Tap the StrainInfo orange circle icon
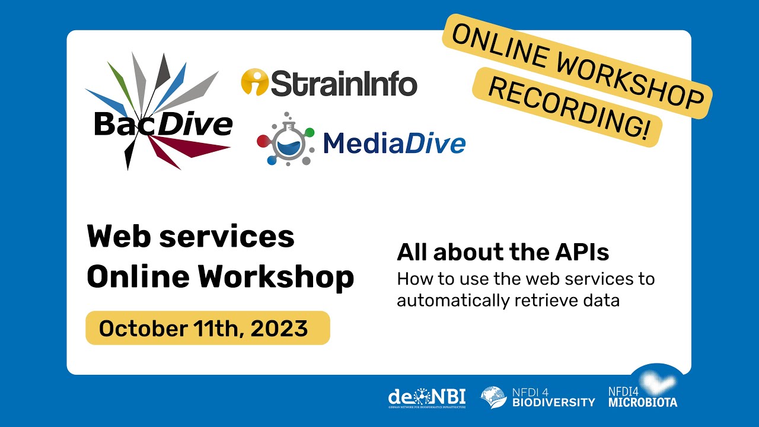tap(254, 82)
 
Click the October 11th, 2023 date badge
tap(208, 328)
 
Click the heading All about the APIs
tap(503, 253)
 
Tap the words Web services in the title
tap(190, 237)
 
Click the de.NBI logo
tap(426, 397)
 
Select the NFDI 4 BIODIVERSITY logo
tap(537, 397)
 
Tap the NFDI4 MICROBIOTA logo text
tap(642, 397)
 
